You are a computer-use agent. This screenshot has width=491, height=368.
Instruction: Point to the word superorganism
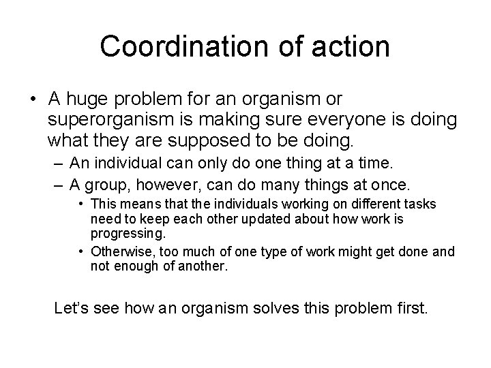[x=110, y=121]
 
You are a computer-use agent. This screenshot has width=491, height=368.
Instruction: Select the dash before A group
[x=55, y=185]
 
